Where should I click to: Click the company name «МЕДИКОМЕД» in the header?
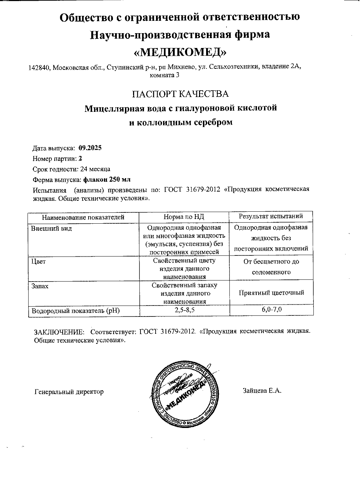[180, 52]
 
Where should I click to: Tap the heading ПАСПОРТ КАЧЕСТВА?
[180, 94]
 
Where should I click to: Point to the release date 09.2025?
[90, 148]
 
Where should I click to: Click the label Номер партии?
[55, 158]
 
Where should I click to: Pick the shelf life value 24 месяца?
[95, 169]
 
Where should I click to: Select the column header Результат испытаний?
[271, 216]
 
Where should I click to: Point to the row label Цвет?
[38, 262]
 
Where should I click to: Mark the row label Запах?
[40, 286]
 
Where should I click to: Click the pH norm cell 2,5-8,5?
[184, 311]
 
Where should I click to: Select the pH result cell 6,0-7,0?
[271, 310]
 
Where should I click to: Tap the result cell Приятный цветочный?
[271, 292]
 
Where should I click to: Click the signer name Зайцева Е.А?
[262, 391]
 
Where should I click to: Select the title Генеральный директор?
[69, 392]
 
